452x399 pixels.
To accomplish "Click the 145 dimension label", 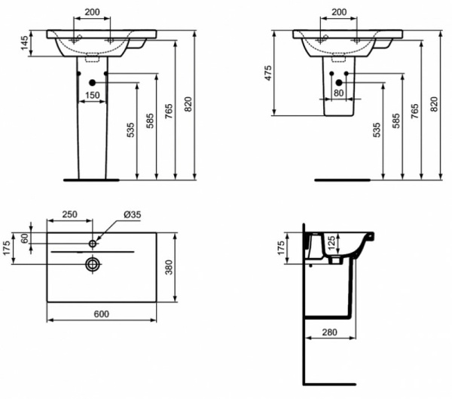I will pos(24,42).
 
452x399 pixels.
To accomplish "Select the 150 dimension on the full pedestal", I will pos(92,95).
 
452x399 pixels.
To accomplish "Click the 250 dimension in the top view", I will pos(69,215).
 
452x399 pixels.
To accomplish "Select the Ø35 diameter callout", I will pos(132,215).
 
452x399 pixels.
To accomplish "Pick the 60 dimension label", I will pos(25,237).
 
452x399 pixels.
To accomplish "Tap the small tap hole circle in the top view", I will pos(93,243).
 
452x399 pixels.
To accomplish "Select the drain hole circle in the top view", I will pos(93,264).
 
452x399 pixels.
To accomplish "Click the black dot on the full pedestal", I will pos(92,82).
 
